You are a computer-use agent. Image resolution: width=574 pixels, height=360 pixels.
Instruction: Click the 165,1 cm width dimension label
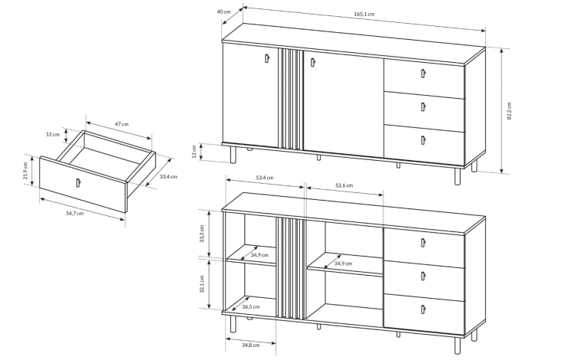(364, 15)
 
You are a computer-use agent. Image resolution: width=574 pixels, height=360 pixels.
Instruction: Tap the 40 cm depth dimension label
(223, 11)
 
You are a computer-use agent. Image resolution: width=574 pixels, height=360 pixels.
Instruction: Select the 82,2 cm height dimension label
(509, 111)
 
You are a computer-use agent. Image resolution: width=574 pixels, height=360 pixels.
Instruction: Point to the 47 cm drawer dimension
(122, 124)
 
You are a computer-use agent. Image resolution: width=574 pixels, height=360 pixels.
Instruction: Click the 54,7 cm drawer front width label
(75, 214)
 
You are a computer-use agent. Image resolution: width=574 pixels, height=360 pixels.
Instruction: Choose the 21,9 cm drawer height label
(25, 171)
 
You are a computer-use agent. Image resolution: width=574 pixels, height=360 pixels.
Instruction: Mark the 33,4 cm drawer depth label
(168, 176)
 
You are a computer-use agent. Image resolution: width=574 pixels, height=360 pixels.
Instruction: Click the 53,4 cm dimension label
(264, 178)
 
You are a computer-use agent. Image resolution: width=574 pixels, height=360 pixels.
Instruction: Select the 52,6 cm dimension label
(344, 185)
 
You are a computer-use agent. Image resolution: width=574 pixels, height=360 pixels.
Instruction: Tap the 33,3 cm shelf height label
(202, 234)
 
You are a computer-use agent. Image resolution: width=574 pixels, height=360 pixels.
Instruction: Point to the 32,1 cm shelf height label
(202, 284)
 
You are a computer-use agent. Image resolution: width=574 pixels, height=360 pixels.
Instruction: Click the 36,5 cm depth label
(251, 307)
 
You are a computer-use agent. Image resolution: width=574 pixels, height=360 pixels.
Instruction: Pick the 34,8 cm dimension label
(251, 345)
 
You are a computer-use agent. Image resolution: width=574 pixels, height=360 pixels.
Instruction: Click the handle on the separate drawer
(78, 182)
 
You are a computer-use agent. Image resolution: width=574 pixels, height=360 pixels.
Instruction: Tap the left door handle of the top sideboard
(267, 58)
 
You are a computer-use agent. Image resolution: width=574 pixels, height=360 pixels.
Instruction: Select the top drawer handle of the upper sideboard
(422, 74)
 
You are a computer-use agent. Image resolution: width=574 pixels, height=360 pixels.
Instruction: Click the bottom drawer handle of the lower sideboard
(423, 309)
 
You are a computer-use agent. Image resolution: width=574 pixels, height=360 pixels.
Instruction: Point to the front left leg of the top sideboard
(233, 155)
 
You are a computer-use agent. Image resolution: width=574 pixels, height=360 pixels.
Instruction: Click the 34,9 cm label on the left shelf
(259, 255)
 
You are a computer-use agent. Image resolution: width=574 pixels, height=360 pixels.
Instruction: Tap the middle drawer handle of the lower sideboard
(423, 277)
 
